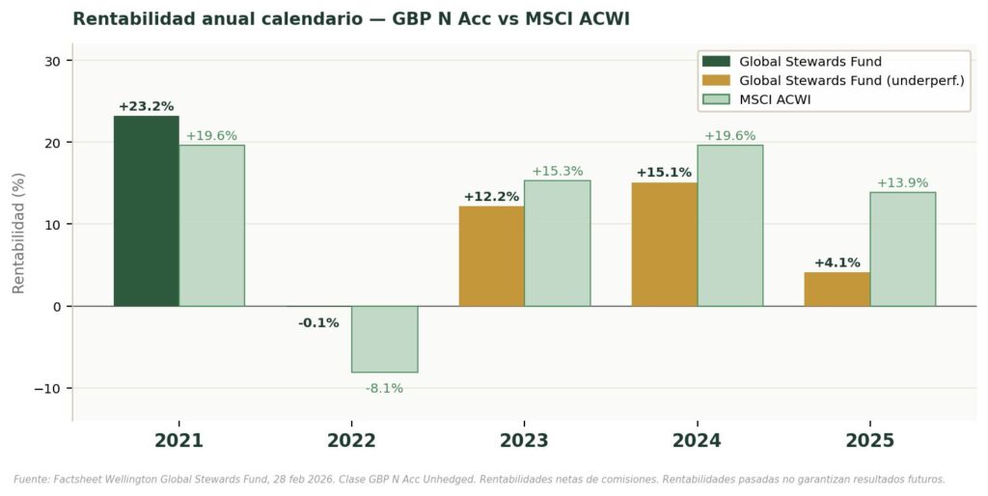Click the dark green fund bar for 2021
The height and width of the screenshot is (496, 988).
pyautogui.click(x=146, y=211)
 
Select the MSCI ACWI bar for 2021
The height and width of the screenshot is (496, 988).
pyautogui.click(x=211, y=226)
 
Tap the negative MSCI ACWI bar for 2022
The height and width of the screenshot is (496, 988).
pyautogui.click(x=384, y=339)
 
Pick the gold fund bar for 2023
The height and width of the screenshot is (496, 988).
pyautogui.click(x=491, y=256)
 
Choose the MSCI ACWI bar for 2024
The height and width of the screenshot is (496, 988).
pyautogui.click(x=729, y=226)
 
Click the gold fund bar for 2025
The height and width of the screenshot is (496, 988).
pyautogui.click(x=837, y=289)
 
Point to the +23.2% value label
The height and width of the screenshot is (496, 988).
pyautogui.click(x=146, y=106)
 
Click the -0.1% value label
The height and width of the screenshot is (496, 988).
pyautogui.click(x=318, y=323)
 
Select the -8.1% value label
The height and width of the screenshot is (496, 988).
pyautogui.click(x=384, y=388)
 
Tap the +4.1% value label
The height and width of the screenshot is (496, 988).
pyautogui.click(x=837, y=262)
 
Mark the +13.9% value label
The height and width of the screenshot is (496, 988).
pyautogui.click(x=902, y=182)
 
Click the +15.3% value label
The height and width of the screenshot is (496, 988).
pyautogui.click(x=557, y=171)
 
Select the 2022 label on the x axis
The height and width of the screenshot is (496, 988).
pyautogui.click(x=351, y=441)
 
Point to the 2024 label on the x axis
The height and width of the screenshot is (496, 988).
pyautogui.click(x=697, y=441)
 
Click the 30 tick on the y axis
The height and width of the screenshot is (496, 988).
pyautogui.click(x=52, y=61)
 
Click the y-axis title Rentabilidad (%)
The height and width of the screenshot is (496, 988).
pyautogui.click(x=17, y=233)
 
